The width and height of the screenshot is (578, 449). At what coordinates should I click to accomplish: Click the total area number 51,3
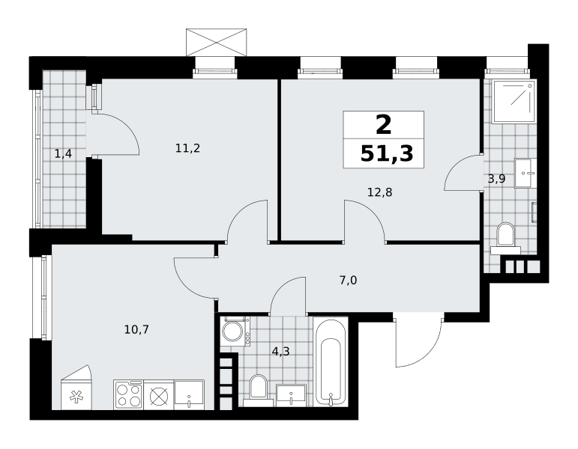(x=387, y=153)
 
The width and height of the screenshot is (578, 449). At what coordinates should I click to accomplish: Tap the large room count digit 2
(x=384, y=125)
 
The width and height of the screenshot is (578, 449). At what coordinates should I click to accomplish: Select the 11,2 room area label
(x=187, y=148)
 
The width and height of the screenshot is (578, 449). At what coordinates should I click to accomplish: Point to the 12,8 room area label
(x=379, y=192)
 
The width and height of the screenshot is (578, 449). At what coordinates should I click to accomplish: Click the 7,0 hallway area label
(x=348, y=281)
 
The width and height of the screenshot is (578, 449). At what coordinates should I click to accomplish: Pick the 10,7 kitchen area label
(x=136, y=329)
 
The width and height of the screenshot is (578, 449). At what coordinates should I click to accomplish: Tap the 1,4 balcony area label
(x=63, y=153)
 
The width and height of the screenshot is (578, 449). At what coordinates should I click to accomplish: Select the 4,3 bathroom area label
(x=280, y=352)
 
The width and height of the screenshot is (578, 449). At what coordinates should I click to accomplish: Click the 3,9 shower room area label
(x=496, y=179)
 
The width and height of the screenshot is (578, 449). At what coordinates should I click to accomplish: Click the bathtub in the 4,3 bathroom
(x=331, y=362)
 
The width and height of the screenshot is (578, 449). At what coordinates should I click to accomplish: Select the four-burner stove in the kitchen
(x=129, y=394)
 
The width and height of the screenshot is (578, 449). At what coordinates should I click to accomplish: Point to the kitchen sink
(x=189, y=394)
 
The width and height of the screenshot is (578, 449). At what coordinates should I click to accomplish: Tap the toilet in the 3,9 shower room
(x=505, y=238)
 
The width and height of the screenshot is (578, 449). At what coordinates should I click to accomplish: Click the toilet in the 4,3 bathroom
(x=258, y=391)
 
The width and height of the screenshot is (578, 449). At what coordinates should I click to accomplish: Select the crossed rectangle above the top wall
(x=217, y=43)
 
